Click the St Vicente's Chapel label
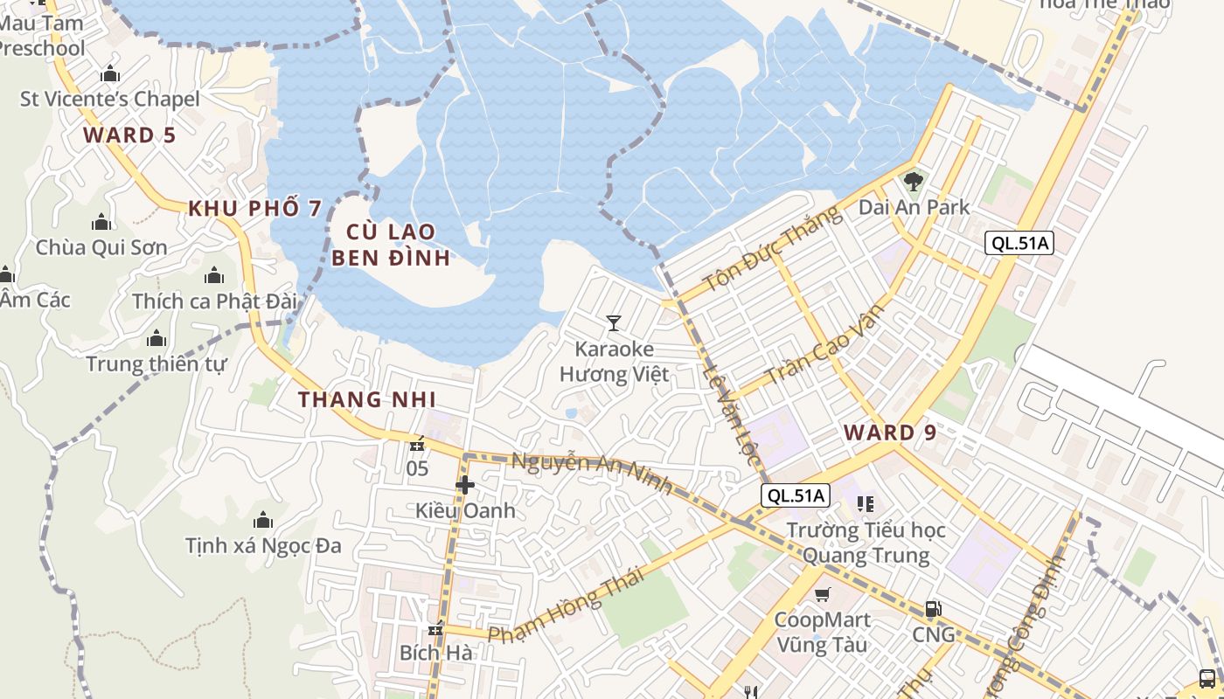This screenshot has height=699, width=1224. point(110,99)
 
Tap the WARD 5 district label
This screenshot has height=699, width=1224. point(129,135)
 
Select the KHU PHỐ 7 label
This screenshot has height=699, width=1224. point(255,208)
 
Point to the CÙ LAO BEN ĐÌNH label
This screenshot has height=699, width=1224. point(391,245)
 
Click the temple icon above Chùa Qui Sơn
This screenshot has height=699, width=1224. point(101,223)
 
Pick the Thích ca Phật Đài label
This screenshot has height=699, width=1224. point(215,301)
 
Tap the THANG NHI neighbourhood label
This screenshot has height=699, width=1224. point(366,399)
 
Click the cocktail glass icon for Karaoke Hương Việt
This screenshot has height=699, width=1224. point(614,323)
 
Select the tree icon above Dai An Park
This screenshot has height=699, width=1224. point(914,182)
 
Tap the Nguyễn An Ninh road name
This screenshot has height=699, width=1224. point(592,472)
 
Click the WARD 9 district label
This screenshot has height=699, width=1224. point(891,433)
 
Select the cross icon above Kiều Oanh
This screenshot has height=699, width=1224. point(465,485)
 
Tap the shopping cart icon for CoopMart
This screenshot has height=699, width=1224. point(822,595)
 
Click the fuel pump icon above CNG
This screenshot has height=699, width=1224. point(933,609)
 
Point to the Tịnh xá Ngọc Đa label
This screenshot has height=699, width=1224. point(263,546)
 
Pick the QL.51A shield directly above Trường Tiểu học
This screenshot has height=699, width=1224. point(795,496)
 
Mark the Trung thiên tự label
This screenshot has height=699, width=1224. point(156,363)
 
